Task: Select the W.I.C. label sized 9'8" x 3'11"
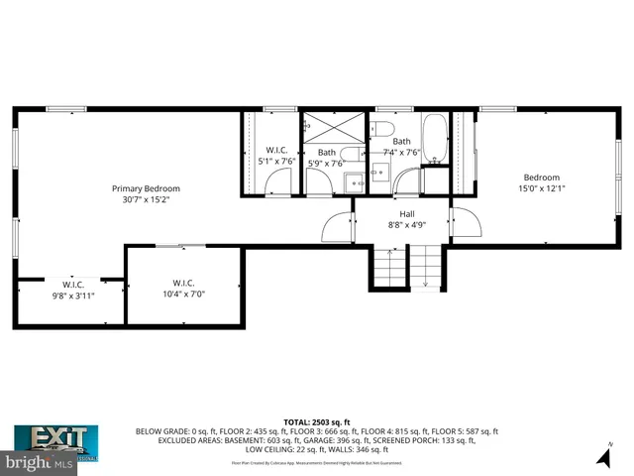coord(71,284)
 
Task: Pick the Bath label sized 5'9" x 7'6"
coord(327,153)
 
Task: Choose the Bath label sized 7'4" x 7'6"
coord(402,142)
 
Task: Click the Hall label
coord(406,214)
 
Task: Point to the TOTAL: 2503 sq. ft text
coord(316,422)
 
